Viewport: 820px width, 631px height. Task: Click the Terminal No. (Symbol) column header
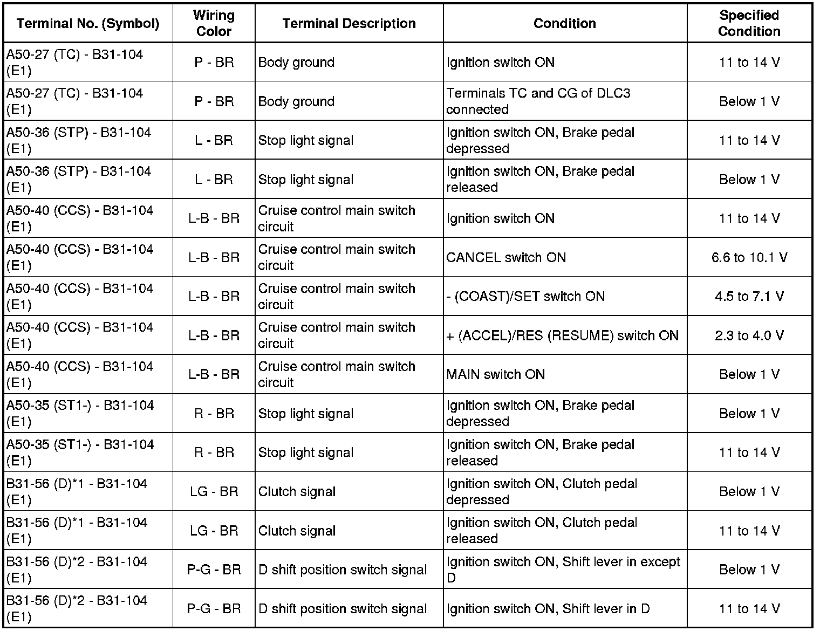(88, 24)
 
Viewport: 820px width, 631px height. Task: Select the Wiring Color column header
(214, 24)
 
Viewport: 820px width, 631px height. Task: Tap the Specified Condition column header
(749, 24)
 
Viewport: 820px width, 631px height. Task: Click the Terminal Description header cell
(348, 24)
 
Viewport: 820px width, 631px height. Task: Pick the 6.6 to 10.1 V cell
(749, 258)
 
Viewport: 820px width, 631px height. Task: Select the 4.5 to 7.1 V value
(749, 297)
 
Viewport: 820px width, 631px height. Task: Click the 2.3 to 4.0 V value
(749, 335)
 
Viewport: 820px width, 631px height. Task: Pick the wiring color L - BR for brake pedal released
(214, 180)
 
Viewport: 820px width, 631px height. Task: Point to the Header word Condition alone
(564, 24)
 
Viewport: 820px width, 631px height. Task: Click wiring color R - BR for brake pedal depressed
(214, 414)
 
